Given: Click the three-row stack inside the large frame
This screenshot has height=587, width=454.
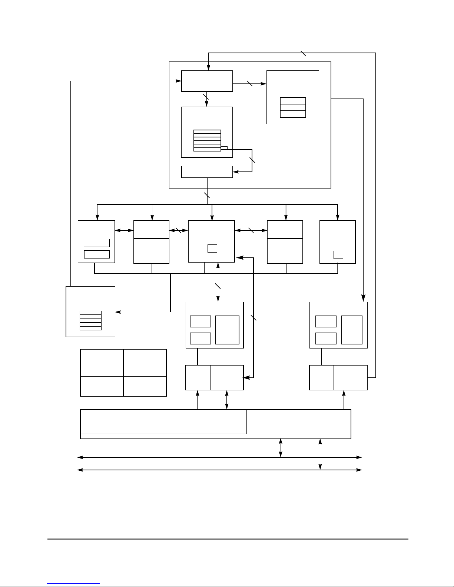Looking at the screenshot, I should [293, 107].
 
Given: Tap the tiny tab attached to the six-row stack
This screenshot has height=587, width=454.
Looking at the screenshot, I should [224, 148].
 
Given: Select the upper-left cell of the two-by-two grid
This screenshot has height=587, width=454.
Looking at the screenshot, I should [102, 363].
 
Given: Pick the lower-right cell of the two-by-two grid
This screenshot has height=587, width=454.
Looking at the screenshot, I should [145, 386].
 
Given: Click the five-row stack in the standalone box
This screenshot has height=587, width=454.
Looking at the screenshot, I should [90, 320].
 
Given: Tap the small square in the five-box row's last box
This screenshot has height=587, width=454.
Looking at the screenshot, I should [338, 255].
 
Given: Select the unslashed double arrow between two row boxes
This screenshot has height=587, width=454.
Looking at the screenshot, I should [124, 230].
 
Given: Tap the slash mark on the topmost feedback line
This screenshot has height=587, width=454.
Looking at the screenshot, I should [304, 53].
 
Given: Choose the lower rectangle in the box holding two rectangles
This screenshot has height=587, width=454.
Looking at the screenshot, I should [97, 254].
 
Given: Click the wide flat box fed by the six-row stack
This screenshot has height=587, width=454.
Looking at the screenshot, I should [207, 172].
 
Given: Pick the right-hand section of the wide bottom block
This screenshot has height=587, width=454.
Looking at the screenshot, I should [299, 424].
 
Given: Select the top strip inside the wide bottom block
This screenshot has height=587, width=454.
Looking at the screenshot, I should [163, 416].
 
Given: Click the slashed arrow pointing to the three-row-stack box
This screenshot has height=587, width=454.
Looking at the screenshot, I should [250, 84].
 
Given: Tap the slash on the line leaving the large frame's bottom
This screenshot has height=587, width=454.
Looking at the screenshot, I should [207, 195].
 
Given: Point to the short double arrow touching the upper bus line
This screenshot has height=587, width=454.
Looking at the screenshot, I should [281, 448].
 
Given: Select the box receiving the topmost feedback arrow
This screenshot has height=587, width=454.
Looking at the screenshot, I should [207, 81].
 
